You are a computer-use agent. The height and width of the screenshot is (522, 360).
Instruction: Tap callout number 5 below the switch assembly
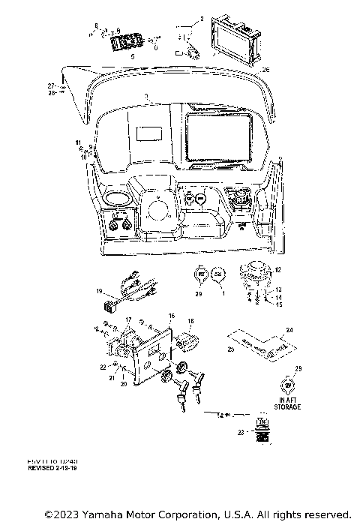[x=133, y=56]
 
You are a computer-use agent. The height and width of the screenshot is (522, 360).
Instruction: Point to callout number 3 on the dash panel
[x=148, y=97]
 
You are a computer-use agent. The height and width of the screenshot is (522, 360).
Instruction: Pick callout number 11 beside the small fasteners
[x=76, y=142]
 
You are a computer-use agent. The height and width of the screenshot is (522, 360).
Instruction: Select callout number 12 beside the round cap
[x=277, y=269]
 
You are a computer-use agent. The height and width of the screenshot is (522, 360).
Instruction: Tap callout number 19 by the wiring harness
[x=98, y=290]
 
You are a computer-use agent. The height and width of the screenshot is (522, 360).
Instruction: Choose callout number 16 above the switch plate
[x=171, y=316]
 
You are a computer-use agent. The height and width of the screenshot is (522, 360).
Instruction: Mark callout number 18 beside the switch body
[x=190, y=321]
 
